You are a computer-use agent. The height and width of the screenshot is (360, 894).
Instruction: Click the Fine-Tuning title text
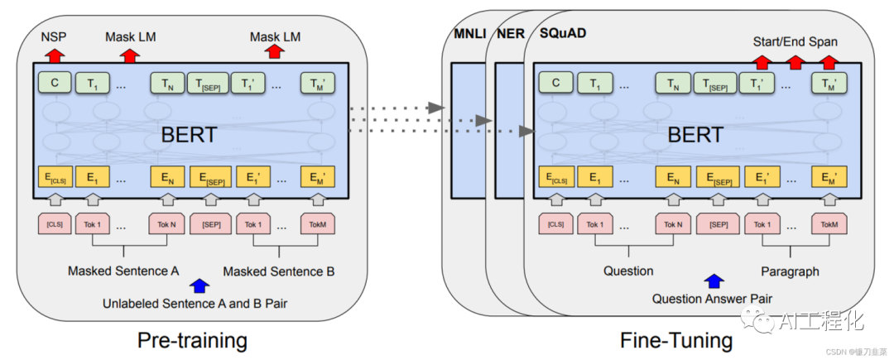pos(676,339)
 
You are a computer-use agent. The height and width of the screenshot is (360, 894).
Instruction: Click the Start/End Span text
pos(795,41)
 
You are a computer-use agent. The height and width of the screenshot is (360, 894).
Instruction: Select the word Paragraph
pos(790,271)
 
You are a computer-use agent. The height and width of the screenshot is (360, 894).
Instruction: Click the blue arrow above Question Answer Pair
pos(713,282)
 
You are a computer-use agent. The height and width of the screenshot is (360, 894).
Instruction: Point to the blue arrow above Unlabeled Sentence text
pos(199,286)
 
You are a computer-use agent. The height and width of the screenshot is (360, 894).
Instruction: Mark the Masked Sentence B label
pos(278,271)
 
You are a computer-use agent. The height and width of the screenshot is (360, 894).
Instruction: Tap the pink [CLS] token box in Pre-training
pos(55,224)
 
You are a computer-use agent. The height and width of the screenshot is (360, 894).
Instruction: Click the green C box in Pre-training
pos(54,83)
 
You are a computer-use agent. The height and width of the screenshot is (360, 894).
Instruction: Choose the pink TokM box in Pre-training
pos(319,224)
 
